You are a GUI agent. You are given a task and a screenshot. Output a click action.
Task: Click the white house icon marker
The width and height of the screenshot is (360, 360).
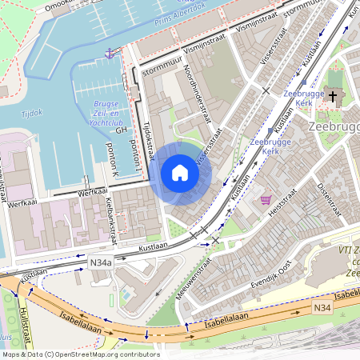[180, 173]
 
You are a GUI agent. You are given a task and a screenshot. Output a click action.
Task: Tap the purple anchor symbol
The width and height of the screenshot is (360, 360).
[109, 52]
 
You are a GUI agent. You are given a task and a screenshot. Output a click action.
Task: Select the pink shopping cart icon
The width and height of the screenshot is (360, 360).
[265, 199]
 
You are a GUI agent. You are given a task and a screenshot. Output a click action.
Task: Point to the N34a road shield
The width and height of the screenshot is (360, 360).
[102, 261]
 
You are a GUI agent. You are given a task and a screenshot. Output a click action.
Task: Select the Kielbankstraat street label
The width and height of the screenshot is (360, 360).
[113, 218]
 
